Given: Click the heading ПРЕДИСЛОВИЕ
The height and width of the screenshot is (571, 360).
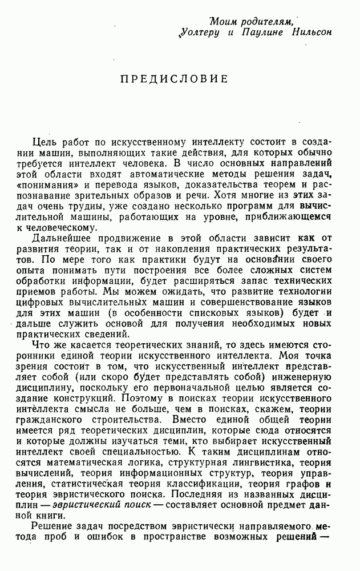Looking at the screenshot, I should tap(174, 78).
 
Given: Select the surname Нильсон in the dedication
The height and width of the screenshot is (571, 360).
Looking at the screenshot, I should tap(310, 33).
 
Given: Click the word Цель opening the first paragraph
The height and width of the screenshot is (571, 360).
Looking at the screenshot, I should tap(44, 142).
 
